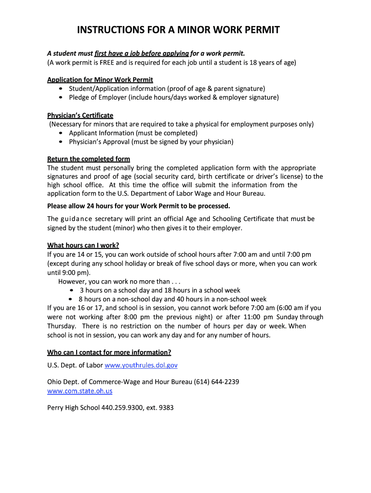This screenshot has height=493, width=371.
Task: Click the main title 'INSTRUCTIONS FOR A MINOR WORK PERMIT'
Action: pyautogui.click(x=179, y=31)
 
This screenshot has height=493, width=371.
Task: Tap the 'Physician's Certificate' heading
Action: pyautogui.click(x=80, y=115)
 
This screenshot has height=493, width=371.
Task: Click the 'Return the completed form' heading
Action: pyautogui.click(x=89, y=159)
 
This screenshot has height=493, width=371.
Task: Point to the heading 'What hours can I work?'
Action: pyautogui.click(x=83, y=245)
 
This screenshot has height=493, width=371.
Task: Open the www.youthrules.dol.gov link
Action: pyautogui.click(x=141, y=365)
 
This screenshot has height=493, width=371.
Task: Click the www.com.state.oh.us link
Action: pyautogui.click(x=79, y=391)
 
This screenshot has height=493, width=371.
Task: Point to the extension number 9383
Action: pyautogui.click(x=166, y=408)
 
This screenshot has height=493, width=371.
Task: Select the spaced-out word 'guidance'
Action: pyautogui.click(x=76, y=219)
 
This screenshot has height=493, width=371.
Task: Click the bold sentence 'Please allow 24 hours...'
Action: pyautogui.click(x=139, y=206)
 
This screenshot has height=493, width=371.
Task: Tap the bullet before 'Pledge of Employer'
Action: pyautogui.click(x=60, y=98)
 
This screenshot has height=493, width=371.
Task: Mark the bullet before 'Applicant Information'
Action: pyautogui.click(x=60, y=133)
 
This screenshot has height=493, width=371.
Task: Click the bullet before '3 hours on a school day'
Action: pyautogui.click(x=71, y=290)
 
